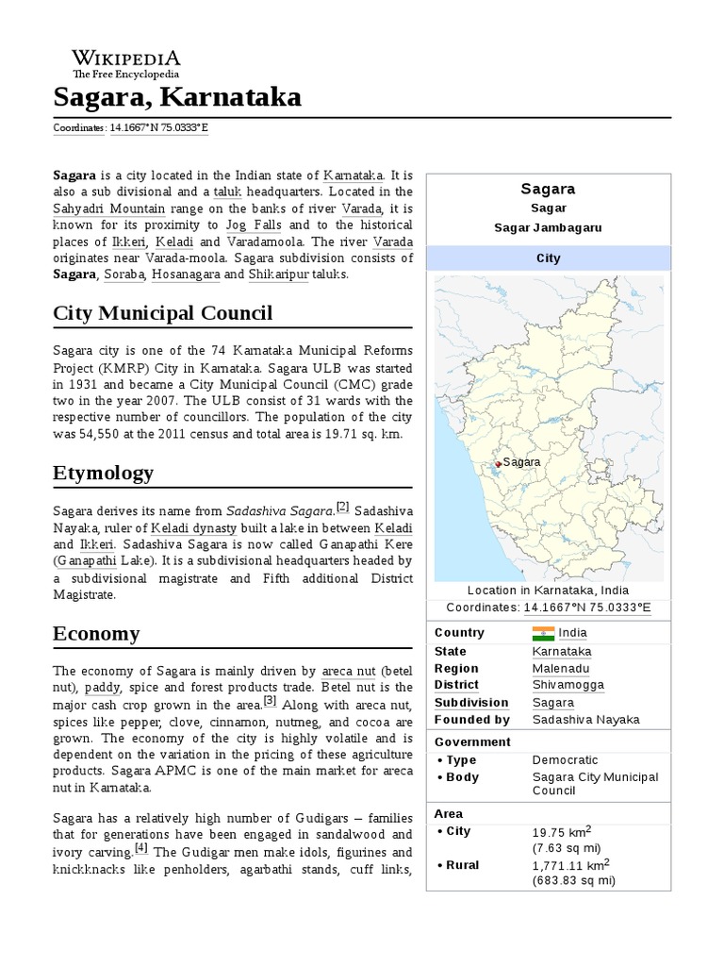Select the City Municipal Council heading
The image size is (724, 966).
coord(162,312)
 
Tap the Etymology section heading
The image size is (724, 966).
coord(103,472)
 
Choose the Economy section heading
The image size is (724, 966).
coord(98,633)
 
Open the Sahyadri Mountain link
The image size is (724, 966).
coord(109,208)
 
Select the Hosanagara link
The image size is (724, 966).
coord(186,274)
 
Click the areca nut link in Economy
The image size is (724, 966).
coord(349,671)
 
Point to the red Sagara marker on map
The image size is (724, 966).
coord(498,463)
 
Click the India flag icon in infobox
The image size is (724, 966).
coord(544,632)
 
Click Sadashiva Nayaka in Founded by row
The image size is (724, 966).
coord(585,719)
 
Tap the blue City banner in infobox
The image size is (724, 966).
coord(548,258)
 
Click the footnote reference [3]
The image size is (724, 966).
coord(270,701)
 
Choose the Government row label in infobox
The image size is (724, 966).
coord(472,741)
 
